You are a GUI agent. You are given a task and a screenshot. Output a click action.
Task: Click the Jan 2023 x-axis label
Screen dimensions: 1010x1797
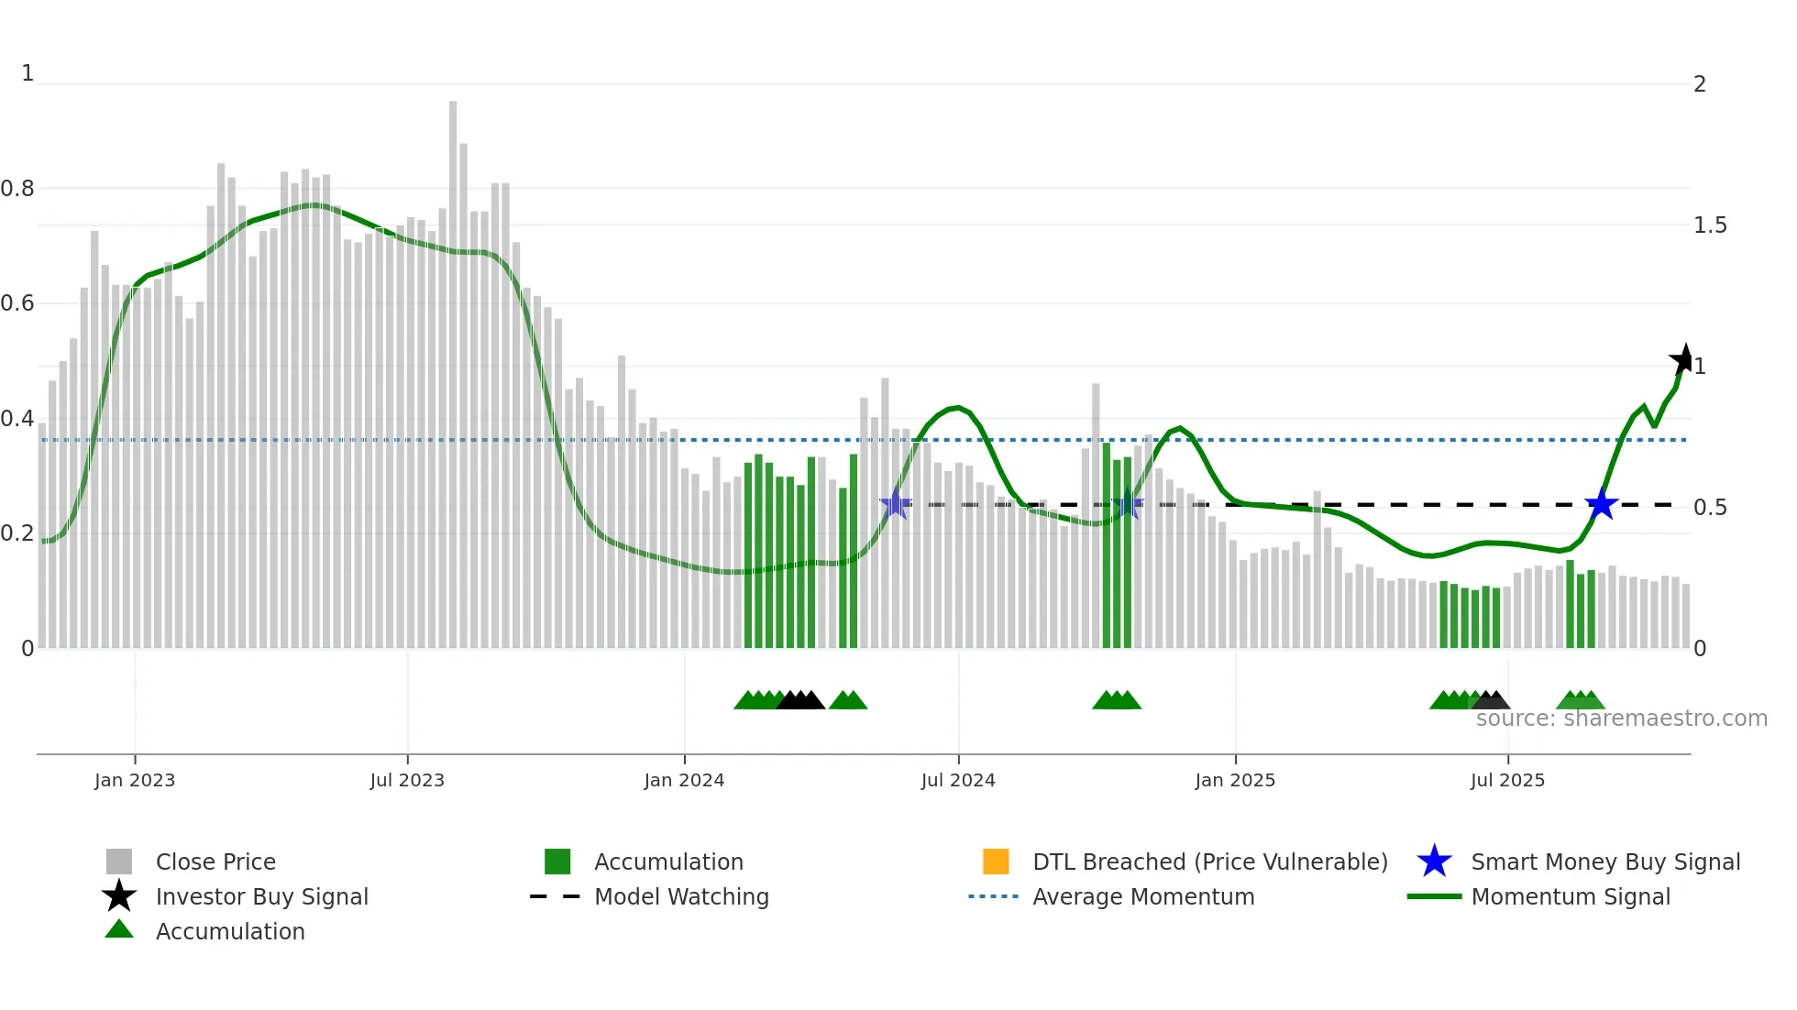click(134, 780)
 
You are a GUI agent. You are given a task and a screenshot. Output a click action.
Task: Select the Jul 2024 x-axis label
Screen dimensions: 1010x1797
click(958, 780)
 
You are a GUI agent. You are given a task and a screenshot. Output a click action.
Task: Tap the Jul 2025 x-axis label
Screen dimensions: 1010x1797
click(1507, 780)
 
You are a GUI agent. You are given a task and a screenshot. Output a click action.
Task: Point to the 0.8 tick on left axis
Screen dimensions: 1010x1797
click(17, 189)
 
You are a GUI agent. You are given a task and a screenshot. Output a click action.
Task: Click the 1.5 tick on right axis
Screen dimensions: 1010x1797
click(1710, 225)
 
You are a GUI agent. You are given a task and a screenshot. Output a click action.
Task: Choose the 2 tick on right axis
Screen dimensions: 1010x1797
click(1700, 84)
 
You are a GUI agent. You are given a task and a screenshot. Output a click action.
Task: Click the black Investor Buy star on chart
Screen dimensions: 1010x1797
click(1683, 360)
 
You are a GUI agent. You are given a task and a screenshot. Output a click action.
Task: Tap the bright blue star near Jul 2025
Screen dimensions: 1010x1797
click(1602, 504)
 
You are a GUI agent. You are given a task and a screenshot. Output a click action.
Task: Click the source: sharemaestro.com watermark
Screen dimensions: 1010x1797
click(1621, 719)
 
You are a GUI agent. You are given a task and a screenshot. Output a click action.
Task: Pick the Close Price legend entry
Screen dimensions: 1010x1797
click(215, 862)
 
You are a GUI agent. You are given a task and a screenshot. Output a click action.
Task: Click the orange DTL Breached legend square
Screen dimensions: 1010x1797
click(996, 862)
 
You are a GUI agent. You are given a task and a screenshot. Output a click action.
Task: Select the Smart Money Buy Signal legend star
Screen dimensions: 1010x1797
click(1434, 862)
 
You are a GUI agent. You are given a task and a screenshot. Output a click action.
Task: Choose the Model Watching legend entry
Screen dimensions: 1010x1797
click(681, 896)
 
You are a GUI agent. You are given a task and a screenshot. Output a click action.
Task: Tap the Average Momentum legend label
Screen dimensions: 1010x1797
click(1143, 896)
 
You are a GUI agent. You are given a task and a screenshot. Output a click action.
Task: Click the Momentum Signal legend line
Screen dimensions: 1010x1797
click(1434, 896)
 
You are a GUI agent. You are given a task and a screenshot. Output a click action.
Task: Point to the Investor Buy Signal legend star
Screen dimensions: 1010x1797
click(119, 896)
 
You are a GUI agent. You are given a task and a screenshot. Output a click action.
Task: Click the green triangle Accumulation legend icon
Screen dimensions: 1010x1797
click(119, 929)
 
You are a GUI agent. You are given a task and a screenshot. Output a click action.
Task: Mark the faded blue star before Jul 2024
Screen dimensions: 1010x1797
click(895, 504)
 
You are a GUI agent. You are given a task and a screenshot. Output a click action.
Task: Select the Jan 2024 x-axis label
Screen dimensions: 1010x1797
click(684, 780)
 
